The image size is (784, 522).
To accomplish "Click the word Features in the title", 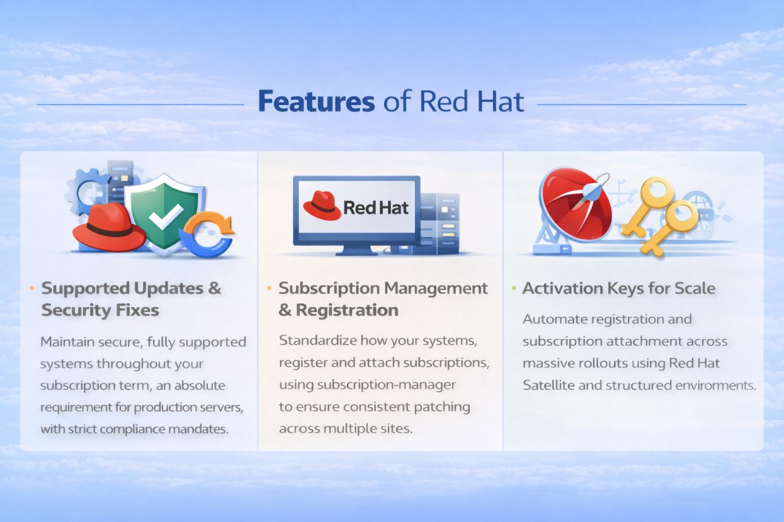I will [x=316, y=102].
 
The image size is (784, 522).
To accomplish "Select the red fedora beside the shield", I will [x=109, y=228].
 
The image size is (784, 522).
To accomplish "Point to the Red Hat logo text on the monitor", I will [x=376, y=209].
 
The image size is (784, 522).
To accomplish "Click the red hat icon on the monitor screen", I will [x=321, y=206].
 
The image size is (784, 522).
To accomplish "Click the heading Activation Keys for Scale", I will [x=619, y=288].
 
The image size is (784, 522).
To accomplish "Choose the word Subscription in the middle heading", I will [x=328, y=288].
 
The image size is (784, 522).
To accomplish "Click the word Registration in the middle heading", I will [x=347, y=310].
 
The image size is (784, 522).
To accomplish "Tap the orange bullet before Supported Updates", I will [x=31, y=289].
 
